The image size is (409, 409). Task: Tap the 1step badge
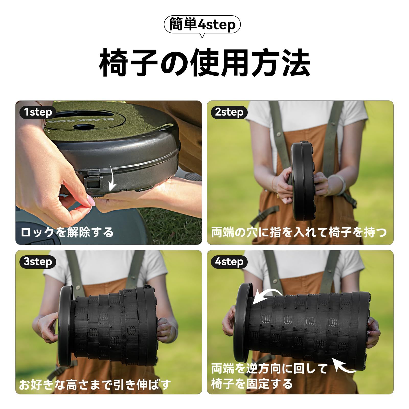[x=37, y=112]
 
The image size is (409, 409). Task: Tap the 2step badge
[x=229, y=112]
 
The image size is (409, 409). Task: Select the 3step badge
[x=37, y=262]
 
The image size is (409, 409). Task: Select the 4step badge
[x=229, y=262]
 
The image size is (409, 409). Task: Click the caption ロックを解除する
[x=67, y=232]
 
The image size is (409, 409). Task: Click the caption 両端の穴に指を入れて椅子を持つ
[x=299, y=232]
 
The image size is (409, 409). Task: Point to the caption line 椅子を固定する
[x=252, y=384]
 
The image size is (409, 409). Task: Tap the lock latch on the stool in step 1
[x=94, y=181]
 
